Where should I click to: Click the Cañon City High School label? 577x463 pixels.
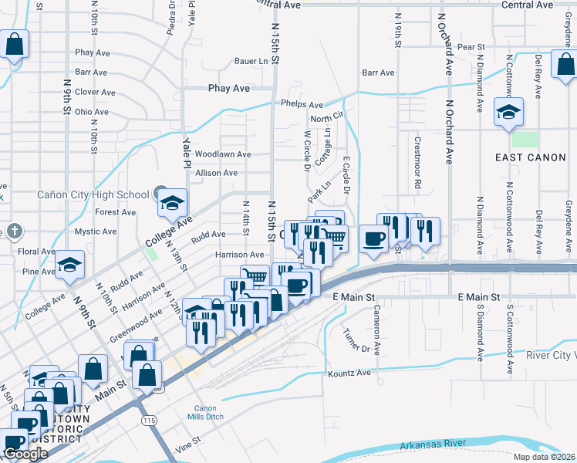93,194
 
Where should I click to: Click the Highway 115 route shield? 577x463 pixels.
150,420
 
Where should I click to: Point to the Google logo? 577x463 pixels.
25,454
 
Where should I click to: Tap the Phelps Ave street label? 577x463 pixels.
302,105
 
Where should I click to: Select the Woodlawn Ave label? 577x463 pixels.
223,154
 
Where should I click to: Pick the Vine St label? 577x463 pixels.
188,441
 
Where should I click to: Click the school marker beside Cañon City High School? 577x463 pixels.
173,204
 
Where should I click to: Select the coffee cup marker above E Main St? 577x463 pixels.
374,238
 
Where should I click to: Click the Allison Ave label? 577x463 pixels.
216,173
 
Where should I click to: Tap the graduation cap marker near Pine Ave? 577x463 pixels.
70,267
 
